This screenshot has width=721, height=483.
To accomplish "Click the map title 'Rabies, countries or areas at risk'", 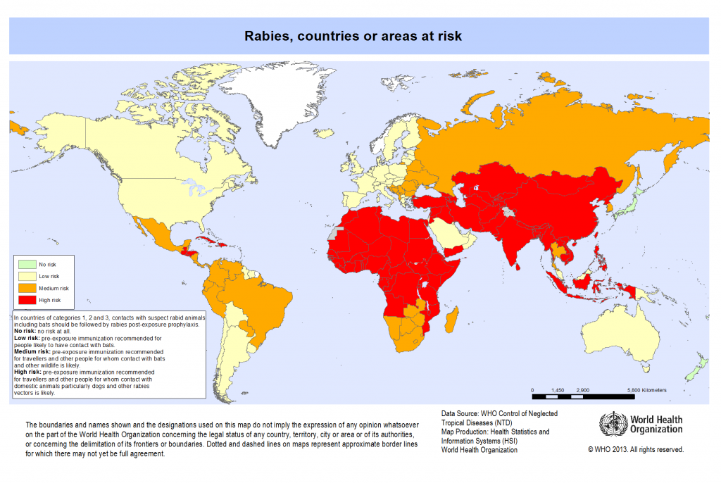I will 353,35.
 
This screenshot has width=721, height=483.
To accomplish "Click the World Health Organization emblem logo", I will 612,425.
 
